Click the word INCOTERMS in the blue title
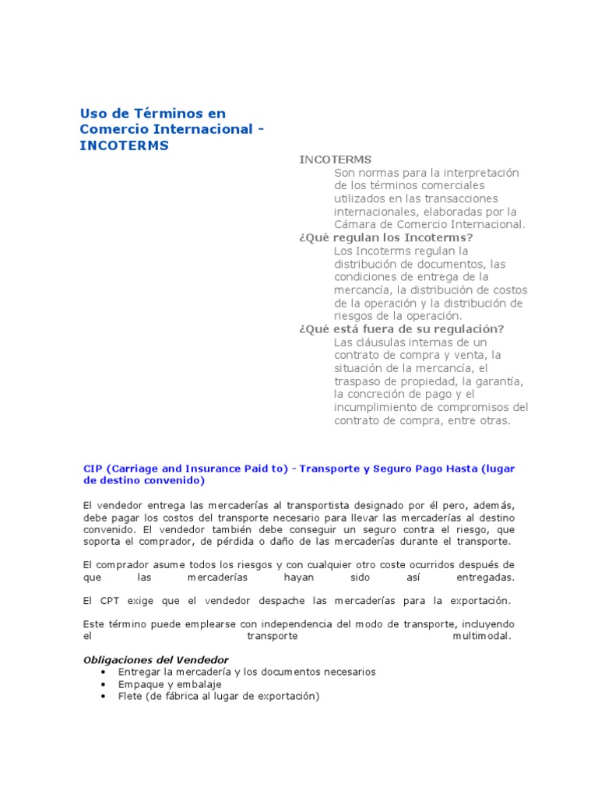[124, 146]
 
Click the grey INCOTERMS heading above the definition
[335, 160]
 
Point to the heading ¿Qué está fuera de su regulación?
[401, 329]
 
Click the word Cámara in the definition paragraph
[355, 224]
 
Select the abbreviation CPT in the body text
[108, 601]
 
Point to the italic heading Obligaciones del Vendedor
[156, 660]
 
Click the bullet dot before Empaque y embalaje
[103, 684]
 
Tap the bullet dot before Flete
[103, 697]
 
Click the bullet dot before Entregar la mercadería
[103, 672]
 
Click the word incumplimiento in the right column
[375, 407]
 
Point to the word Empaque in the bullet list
[140, 684]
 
